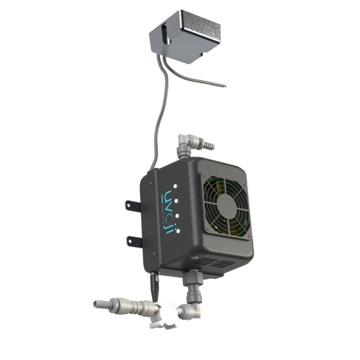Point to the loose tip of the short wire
pos(225,85)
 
